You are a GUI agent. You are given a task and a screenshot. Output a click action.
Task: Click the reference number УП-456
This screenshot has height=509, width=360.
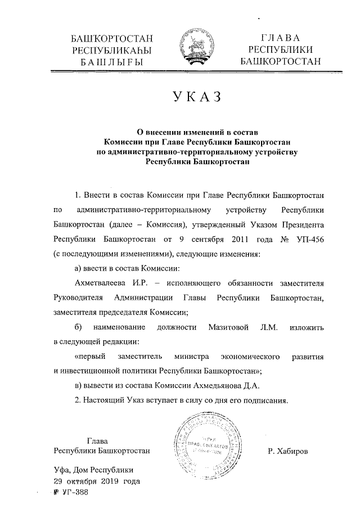(310, 240)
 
